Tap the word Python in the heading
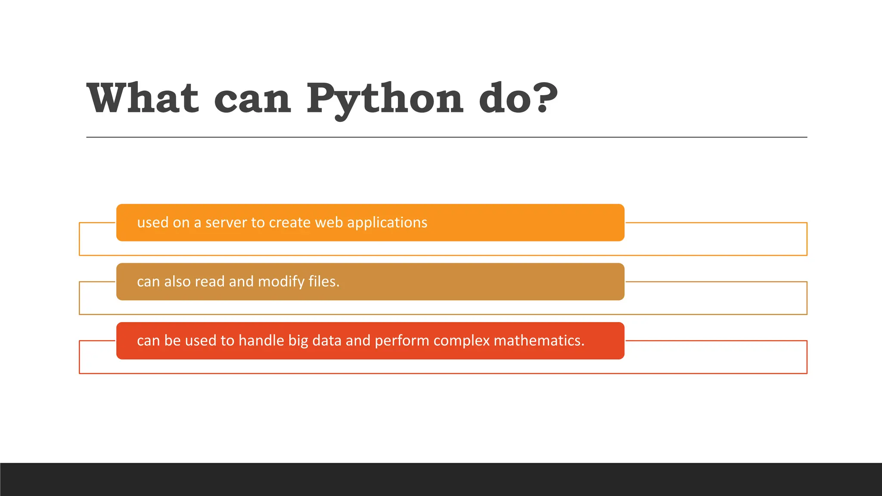coord(385,100)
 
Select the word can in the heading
coord(252,100)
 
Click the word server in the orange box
coord(226,223)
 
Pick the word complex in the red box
coord(462,341)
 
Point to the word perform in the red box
coord(402,341)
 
